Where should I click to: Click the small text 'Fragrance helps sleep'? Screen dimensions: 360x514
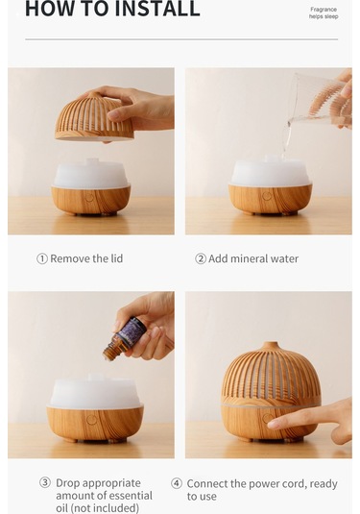click(x=324, y=12)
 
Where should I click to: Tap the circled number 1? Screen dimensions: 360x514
click(x=42, y=259)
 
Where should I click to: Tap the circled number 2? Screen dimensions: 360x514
click(x=201, y=259)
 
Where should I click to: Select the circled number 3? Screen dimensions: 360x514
click(x=45, y=482)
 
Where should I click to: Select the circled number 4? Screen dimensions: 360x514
click(x=177, y=483)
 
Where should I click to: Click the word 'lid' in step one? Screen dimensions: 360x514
click(x=116, y=258)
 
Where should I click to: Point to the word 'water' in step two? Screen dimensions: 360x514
click(x=285, y=259)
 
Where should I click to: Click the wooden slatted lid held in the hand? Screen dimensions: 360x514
click(x=94, y=117)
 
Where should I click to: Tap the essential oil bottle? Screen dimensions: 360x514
click(x=125, y=338)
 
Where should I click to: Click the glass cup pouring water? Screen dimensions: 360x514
click(x=319, y=100)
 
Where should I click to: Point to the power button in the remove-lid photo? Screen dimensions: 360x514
click(x=89, y=198)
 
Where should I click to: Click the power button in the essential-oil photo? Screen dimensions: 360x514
click(x=91, y=420)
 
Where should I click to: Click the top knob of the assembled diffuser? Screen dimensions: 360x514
click(x=270, y=346)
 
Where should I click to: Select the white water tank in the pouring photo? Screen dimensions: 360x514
click(x=271, y=172)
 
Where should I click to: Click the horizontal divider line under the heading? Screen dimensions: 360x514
click(x=181, y=39)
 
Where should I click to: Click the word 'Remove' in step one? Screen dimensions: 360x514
click(x=70, y=258)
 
